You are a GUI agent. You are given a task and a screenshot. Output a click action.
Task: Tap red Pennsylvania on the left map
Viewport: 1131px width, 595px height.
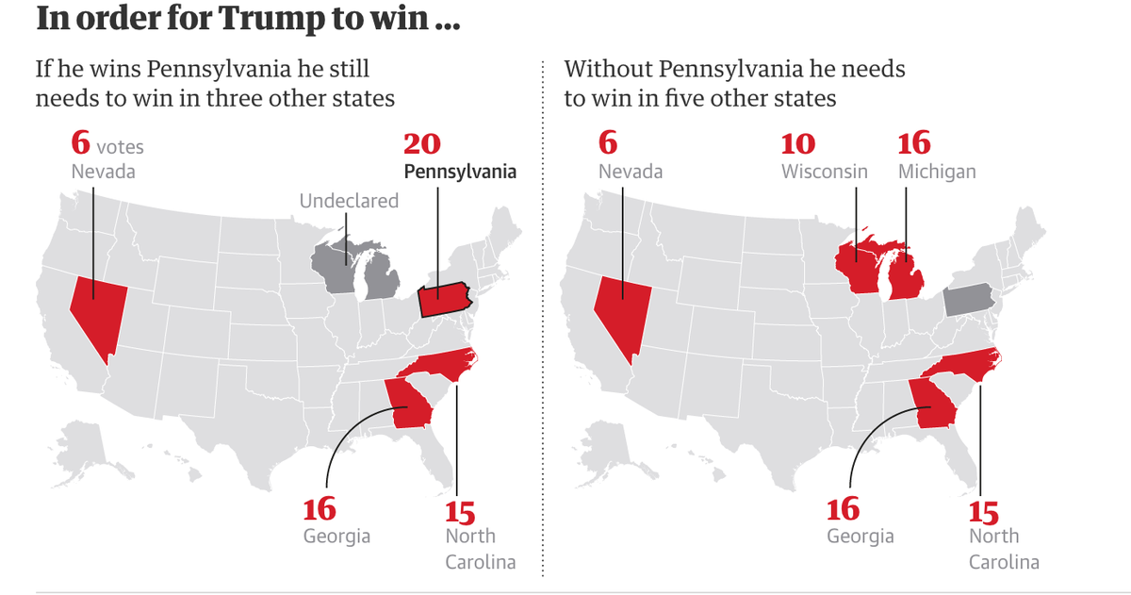coord(442,301)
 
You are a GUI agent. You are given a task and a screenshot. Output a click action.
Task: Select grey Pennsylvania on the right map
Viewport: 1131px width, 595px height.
coord(968,300)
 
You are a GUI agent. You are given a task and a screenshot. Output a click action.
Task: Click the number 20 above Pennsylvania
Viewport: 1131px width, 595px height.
coord(422,144)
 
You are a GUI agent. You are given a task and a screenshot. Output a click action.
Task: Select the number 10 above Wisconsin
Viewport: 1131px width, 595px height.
coord(799,144)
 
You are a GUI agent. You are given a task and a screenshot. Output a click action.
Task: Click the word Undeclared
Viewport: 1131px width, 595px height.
coord(349,201)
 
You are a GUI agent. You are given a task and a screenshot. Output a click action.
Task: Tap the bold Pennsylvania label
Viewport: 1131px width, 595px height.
coord(460,172)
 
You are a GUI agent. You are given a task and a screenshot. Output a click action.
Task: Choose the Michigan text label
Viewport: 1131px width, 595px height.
coord(937,172)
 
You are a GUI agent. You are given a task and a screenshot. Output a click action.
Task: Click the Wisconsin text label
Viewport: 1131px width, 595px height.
coord(825,172)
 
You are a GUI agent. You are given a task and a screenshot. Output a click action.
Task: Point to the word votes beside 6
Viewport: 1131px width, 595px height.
coord(120,147)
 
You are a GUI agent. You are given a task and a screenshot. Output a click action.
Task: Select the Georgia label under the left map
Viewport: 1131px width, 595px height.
coord(336,536)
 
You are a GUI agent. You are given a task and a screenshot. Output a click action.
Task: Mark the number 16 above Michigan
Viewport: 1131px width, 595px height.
coord(913,144)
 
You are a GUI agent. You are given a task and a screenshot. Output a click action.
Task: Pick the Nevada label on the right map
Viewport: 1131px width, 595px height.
coord(631,172)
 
